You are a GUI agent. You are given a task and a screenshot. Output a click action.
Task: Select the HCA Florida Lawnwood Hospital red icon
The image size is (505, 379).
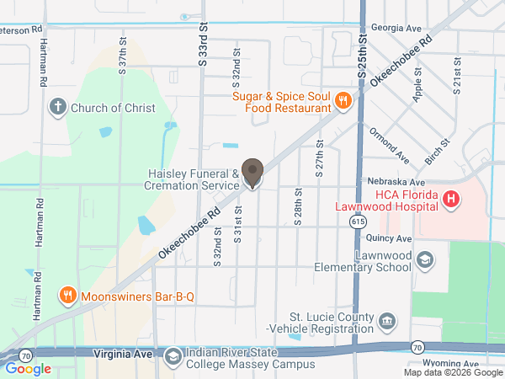[451, 200]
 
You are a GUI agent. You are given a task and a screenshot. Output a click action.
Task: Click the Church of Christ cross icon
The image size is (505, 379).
[57, 107]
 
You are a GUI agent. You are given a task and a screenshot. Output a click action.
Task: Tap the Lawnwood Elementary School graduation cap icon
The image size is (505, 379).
[425, 260]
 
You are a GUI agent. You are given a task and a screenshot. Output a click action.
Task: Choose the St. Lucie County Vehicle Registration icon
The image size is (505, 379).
[386, 320]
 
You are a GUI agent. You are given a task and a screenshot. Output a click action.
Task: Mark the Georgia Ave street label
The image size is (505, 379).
[401, 28]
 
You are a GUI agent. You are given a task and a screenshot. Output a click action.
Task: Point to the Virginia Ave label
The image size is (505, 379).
[123, 354]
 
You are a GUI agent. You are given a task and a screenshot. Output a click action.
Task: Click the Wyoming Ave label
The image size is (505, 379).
[444, 364]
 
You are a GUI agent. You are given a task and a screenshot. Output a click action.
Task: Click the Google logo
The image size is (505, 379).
[29, 368]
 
